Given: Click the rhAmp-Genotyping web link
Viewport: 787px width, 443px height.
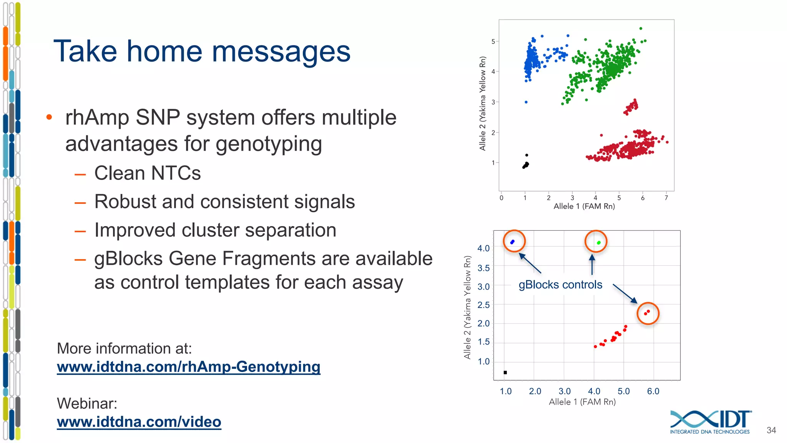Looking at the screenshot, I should pos(188,367).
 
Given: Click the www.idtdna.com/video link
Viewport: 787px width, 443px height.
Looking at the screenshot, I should pos(139,422).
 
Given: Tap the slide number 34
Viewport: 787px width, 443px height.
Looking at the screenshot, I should pos(771,430).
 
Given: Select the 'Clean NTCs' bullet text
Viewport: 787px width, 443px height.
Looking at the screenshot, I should pos(147,173).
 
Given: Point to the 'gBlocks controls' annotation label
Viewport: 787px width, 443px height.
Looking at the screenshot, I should pos(560,285).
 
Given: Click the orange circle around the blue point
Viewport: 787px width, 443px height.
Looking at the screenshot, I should pos(514,241).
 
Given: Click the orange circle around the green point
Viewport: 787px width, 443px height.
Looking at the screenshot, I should pos(596,241).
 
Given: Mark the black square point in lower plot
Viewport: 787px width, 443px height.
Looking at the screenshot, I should pos(505,372).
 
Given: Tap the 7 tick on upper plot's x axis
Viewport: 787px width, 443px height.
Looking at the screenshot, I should pos(666,198).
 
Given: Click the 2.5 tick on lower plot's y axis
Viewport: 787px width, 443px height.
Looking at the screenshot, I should pos(483,305).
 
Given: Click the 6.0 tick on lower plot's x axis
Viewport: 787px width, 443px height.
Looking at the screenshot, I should pos(653,391).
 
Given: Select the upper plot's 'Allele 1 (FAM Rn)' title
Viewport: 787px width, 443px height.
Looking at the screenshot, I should pos(584,207).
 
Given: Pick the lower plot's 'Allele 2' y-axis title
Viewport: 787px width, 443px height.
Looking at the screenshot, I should pos(467,308).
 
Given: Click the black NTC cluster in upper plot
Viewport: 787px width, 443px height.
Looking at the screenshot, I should pos(526,165).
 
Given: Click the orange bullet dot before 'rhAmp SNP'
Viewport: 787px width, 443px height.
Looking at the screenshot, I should pos(49,117).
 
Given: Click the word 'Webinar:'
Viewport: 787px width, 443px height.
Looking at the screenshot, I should pos(87,403).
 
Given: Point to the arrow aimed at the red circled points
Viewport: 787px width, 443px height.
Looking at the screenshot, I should pos(625,293).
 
